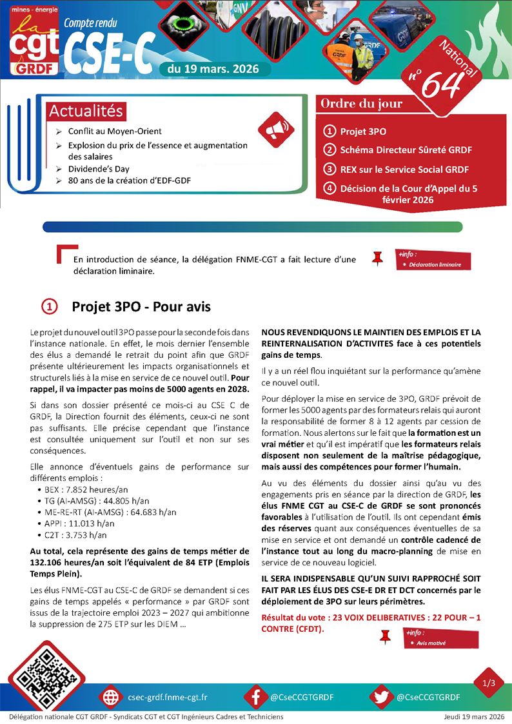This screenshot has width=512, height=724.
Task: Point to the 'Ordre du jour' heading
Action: (362, 104)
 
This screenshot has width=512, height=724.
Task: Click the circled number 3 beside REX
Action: (330, 170)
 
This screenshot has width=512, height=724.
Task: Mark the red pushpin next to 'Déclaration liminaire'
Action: (378, 259)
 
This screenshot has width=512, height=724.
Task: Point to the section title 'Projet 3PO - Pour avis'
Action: (141, 307)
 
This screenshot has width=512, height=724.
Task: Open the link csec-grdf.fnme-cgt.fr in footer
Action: (168, 697)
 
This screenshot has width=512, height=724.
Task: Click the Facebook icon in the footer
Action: (256, 697)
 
